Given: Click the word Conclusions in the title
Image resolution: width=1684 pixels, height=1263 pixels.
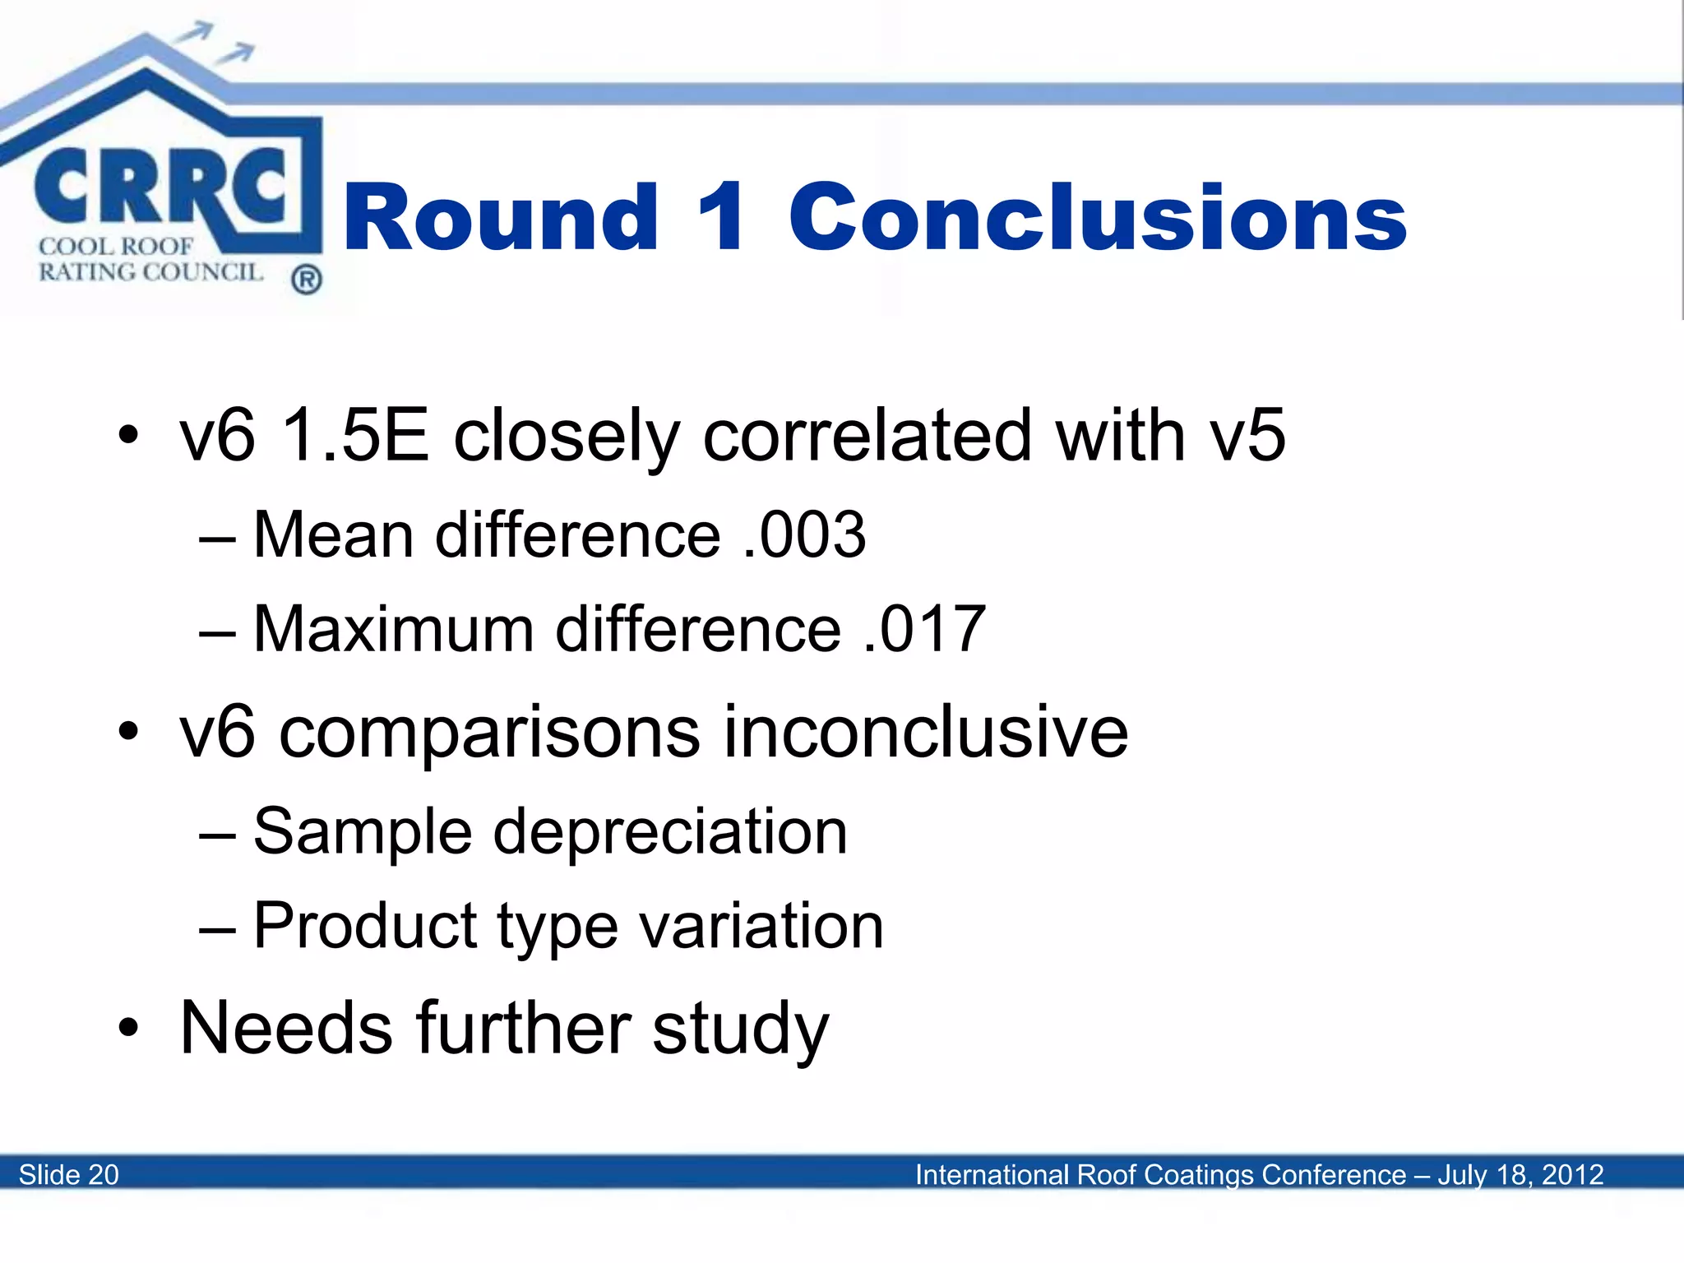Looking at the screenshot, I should pos(1097,217).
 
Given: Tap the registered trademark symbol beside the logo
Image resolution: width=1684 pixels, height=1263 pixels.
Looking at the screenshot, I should pos(306,280).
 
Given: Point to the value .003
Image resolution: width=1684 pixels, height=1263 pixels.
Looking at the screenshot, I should pos(803,535).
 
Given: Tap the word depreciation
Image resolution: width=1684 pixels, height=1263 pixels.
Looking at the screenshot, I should pos(670,831).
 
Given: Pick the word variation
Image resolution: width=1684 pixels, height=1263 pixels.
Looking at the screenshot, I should pos(761,926).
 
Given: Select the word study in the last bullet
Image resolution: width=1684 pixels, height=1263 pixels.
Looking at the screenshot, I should pos(740,1029).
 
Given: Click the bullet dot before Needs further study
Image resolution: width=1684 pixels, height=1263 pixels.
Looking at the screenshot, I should pos(128,1028).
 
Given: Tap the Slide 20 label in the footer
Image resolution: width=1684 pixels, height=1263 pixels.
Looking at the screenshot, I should pos(69,1174).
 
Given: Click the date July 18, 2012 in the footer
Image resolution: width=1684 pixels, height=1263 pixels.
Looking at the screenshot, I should pos(1520,1174).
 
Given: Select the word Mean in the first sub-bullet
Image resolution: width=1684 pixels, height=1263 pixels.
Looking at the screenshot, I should pos(333,535).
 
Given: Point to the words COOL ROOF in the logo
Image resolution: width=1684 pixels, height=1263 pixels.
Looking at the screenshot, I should pos(116,246).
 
